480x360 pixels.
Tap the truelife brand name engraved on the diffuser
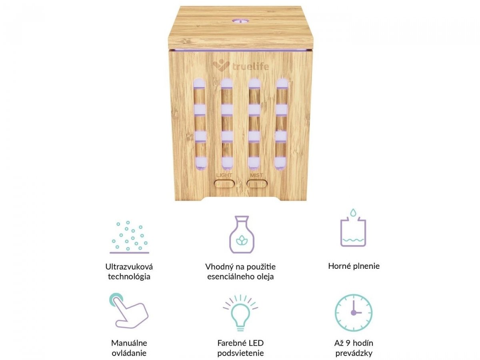pyautogui.click(x=250, y=66)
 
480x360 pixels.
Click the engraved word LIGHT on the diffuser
pyautogui.click(x=224, y=175)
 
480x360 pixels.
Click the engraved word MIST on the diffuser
pyautogui.click(x=256, y=175)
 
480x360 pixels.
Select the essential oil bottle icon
pyautogui.click(x=242, y=234)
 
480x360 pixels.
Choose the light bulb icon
pyautogui.click(x=240, y=312)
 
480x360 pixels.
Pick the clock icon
pyautogui.click(x=353, y=312)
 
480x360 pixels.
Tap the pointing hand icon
pyautogui.click(x=129, y=311)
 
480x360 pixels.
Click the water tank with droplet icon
pyautogui.click(x=353, y=228)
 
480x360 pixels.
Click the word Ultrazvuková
pyautogui.click(x=129, y=267)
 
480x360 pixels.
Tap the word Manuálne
pyautogui.click(x=129, y=343)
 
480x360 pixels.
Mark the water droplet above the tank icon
pyautogui.click(x=353, y=212)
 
